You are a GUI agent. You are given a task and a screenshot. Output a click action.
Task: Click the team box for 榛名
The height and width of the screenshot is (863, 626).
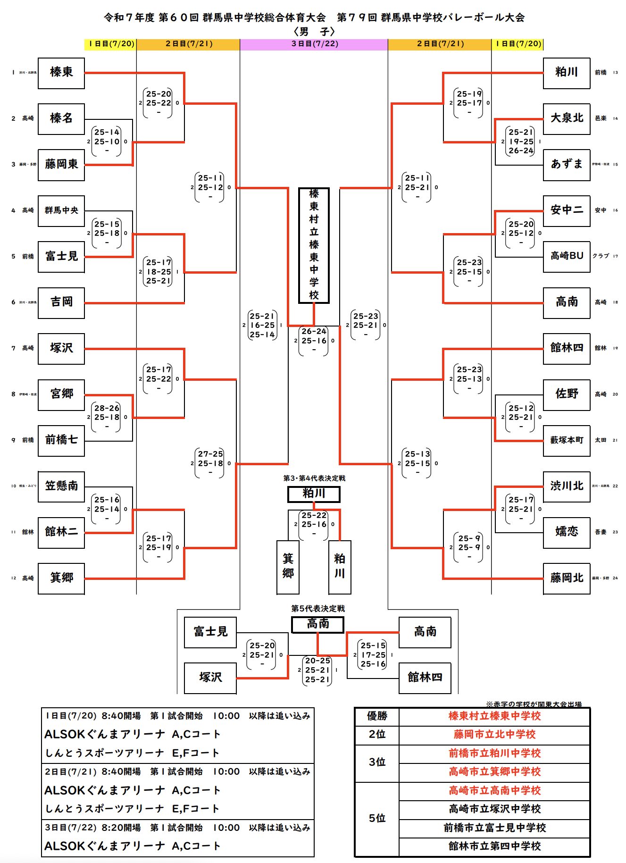click(61, 118)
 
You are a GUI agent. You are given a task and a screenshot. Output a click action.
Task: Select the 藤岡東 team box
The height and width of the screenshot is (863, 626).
click(61, 164)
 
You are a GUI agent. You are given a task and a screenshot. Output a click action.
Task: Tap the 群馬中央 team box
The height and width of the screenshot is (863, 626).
click(61, 210)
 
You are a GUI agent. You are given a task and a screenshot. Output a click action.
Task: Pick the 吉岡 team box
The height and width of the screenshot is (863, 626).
click(61, 302)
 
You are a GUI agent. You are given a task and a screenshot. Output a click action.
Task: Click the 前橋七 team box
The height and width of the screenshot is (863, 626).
click(61, 440)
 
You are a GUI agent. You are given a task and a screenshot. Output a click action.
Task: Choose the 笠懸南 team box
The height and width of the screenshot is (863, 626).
click(61, 486)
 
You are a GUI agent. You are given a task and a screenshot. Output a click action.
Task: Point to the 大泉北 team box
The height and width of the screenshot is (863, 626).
click(567, 118)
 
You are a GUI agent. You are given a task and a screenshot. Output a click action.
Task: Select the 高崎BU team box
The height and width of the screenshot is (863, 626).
click(567, 256)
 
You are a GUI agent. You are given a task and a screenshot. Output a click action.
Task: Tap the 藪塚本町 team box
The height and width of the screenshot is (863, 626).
click(567, 440)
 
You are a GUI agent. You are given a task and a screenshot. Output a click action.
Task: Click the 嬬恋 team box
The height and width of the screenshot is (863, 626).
click(567, 532)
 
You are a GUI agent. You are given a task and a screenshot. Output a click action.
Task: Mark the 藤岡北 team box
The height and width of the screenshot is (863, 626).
click(567, 578)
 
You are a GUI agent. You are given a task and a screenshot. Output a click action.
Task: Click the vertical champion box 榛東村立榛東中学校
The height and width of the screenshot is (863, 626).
click(314, 245)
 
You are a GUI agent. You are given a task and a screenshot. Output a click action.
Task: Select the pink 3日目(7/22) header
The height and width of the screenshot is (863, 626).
click(314, 44)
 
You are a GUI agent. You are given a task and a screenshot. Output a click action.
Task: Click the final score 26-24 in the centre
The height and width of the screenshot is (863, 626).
click(314, 331)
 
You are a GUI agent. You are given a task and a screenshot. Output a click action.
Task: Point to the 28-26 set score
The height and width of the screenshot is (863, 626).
click(107, 408)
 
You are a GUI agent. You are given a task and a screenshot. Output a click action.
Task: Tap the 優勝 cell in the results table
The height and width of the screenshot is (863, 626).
click(377, 716)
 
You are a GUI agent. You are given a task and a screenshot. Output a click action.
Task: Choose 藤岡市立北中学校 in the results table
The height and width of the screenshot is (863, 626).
click(494, 735)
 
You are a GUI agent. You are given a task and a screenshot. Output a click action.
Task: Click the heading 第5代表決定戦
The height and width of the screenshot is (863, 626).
click(318, 609)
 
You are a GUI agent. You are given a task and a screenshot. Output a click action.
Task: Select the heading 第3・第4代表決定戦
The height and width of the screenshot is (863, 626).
click(314, 478)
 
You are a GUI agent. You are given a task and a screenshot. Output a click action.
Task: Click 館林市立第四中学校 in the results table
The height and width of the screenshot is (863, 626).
click(494, 846)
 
